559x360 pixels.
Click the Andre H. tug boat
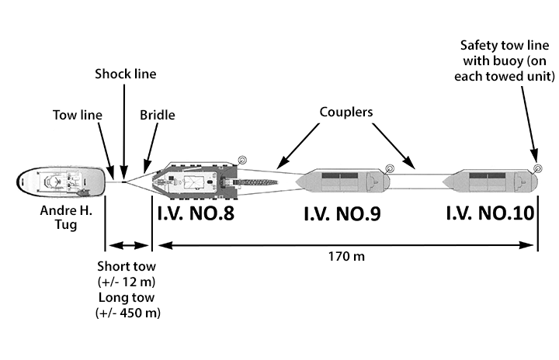pos(61,184)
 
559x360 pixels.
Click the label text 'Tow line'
pos(77,115)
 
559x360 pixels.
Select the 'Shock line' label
pos(125,74)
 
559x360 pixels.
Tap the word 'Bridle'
pos(158,115)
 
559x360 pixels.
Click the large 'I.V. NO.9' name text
pos(342,214)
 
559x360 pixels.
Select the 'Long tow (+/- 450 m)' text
pos(128,306)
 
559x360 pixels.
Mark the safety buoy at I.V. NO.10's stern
pos(537,166)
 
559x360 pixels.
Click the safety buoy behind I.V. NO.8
pos(242,161)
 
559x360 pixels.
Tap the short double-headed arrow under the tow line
pos(128,246)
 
